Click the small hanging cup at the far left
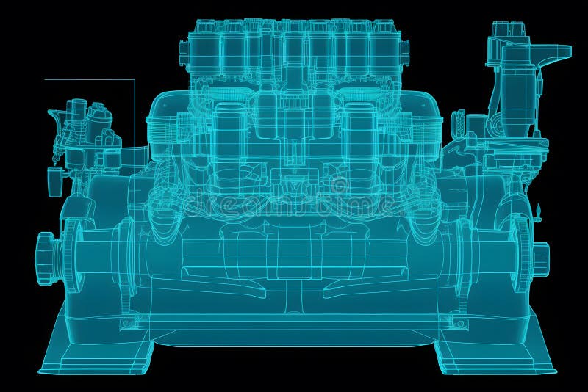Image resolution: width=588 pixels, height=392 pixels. pyautogui.click(x=53, y=181)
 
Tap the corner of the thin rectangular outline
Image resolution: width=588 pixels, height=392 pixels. pyautogui.click(x=135, y=80)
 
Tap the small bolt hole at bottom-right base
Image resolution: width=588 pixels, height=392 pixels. pyautogui.click(x=459, y=322)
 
